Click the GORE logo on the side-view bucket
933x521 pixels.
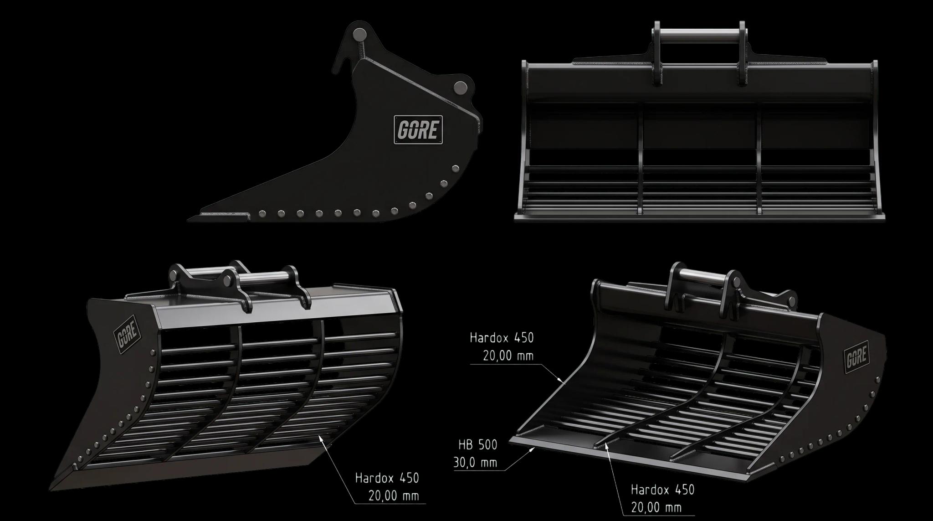click(x=418, y=129)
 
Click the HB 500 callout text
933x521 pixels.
click(x=477, y=444)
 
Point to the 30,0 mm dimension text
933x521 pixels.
click(x=475, y=463)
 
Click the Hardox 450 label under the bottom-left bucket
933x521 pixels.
click(x=387, y=478)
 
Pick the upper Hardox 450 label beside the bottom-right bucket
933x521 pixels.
click(x=501, y=338)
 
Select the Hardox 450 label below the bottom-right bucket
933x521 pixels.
click(x=662, y=490)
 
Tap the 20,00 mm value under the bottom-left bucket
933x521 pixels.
click(x=393, y=495)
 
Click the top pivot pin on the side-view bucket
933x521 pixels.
click(x=360, y=34)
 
